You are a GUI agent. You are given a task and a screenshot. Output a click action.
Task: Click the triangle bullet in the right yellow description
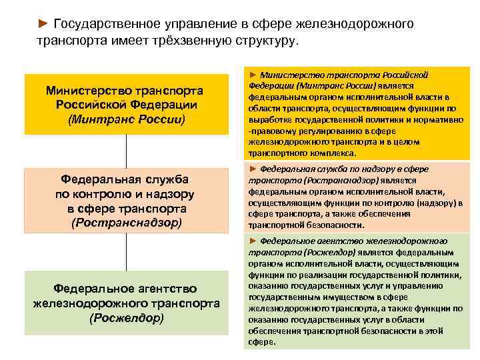point(253,75)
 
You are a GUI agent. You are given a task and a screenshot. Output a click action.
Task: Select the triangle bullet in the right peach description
point(253,169)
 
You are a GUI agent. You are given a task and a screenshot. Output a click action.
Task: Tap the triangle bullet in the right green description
point(253,241)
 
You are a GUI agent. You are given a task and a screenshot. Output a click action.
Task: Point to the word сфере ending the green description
point(261,342)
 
